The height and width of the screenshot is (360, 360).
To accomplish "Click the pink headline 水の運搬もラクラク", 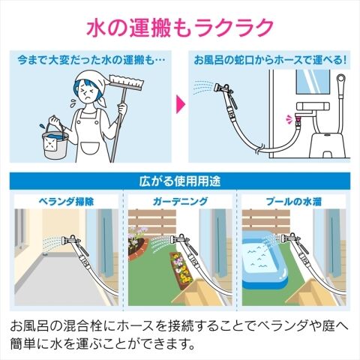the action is pyautogui.click(x=180, y=28).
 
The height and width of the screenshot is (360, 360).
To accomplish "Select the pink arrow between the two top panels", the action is pyautogui.click(x=181, y=103).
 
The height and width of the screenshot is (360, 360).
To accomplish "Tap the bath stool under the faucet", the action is pyautogui.click(x=328, y=144).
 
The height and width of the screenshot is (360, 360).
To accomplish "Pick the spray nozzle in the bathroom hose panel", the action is pyautogui.click(x=223, y=91).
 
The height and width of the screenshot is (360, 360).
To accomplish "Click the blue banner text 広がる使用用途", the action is pyautogui.click(x=180, y=181).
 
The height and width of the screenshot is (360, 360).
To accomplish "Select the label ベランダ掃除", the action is pyautogui.click(x=67, y=202).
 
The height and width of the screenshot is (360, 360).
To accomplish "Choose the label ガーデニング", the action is pyautogui.click(x=180, y=202).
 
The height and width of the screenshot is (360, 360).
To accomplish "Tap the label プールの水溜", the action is pyautogui.click(x=293, y=202).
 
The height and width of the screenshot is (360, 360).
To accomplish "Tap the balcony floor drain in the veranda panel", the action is pyautogui.click(x=46, y=254).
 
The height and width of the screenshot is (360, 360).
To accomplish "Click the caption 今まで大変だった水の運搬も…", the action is pyautogui.click(x=91, y=61).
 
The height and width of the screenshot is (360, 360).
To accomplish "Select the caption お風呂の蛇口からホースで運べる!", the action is pyautogui.click(x=270, y=61).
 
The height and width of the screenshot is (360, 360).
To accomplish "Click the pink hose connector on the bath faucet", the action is pyautogui.click(x=298, y=121).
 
